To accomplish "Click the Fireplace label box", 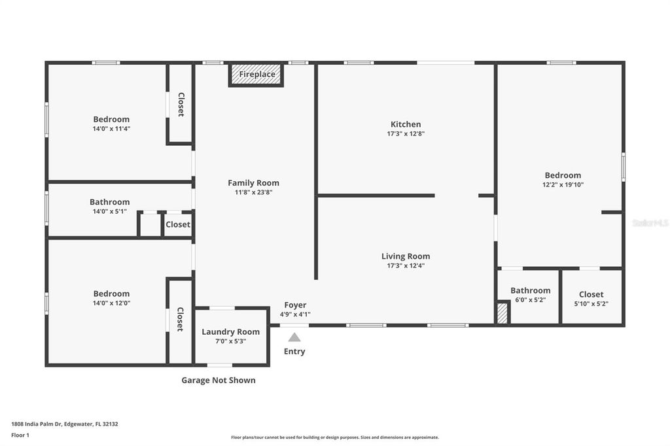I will coord(256,75).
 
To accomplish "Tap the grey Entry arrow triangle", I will coord(294,337).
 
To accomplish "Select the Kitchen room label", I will coord(406,124).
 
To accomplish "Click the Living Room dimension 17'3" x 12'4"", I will coord(406,266).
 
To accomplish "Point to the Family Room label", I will coord(253,183).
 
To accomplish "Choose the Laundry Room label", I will coord(230,332).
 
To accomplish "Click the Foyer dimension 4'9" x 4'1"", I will coord(295,315).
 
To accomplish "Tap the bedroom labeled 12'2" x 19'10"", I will coord(563,175).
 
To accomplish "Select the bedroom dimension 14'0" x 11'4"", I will coord(111,129).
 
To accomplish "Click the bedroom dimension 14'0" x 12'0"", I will coord(111,303).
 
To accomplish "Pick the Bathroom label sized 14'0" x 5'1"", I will coord(109,202).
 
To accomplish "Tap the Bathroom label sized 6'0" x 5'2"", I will coord(530,290).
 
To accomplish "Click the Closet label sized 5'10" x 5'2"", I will coord(591,294).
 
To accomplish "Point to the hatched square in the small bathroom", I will coord(502,313).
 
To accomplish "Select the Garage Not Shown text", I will coord(219,380).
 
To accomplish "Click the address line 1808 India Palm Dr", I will coord(64,424).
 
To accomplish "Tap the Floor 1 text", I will coord(20,435).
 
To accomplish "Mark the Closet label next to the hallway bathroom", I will coord(177,224).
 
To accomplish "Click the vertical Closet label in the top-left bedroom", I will coord(181,105).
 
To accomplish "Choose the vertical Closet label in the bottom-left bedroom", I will coord(180,319).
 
